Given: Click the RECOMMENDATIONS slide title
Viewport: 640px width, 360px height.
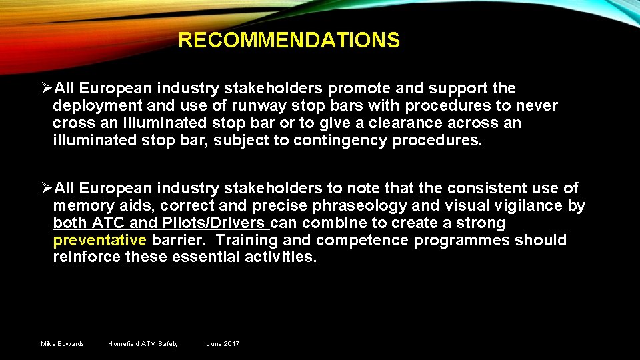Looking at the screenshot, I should (289, 41).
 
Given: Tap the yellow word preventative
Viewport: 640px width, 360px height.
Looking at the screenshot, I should (99, 240).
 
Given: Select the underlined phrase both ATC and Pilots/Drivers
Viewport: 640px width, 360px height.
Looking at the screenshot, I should (160, 223).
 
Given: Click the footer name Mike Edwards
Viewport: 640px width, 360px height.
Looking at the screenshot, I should (63, 344).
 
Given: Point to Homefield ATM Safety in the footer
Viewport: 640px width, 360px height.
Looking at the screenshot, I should (143, 344).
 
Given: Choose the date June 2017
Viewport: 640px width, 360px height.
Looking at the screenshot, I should (223, 344).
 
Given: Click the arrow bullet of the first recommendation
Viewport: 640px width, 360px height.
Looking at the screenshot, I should (47, 88).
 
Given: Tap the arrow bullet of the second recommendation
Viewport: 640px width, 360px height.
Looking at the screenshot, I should (47, 188).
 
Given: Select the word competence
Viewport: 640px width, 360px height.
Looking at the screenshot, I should (361, 240).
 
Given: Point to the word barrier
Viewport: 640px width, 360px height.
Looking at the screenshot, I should (179, 240).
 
